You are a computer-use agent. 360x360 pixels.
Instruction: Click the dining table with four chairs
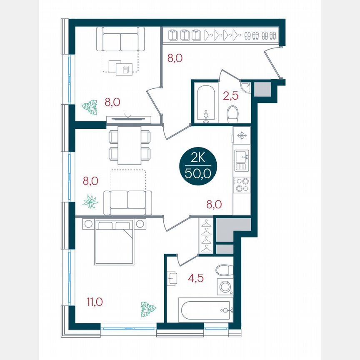(x=129, y=145)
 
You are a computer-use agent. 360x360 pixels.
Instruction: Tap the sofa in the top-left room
(x=120, y=39)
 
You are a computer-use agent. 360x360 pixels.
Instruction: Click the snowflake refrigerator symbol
(x=241, y=135)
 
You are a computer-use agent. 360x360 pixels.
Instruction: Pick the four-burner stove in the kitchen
(x=241, y=185)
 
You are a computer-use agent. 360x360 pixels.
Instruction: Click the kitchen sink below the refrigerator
(x=241, y=160)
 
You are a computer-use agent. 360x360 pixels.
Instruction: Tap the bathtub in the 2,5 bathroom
(x=205, y=103)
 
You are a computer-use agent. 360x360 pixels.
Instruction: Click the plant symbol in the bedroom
(x=147, y=309)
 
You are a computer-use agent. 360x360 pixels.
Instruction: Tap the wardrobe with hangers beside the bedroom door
(x=207, y=235)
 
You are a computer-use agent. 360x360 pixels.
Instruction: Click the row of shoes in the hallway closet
(x=260, y=35)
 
